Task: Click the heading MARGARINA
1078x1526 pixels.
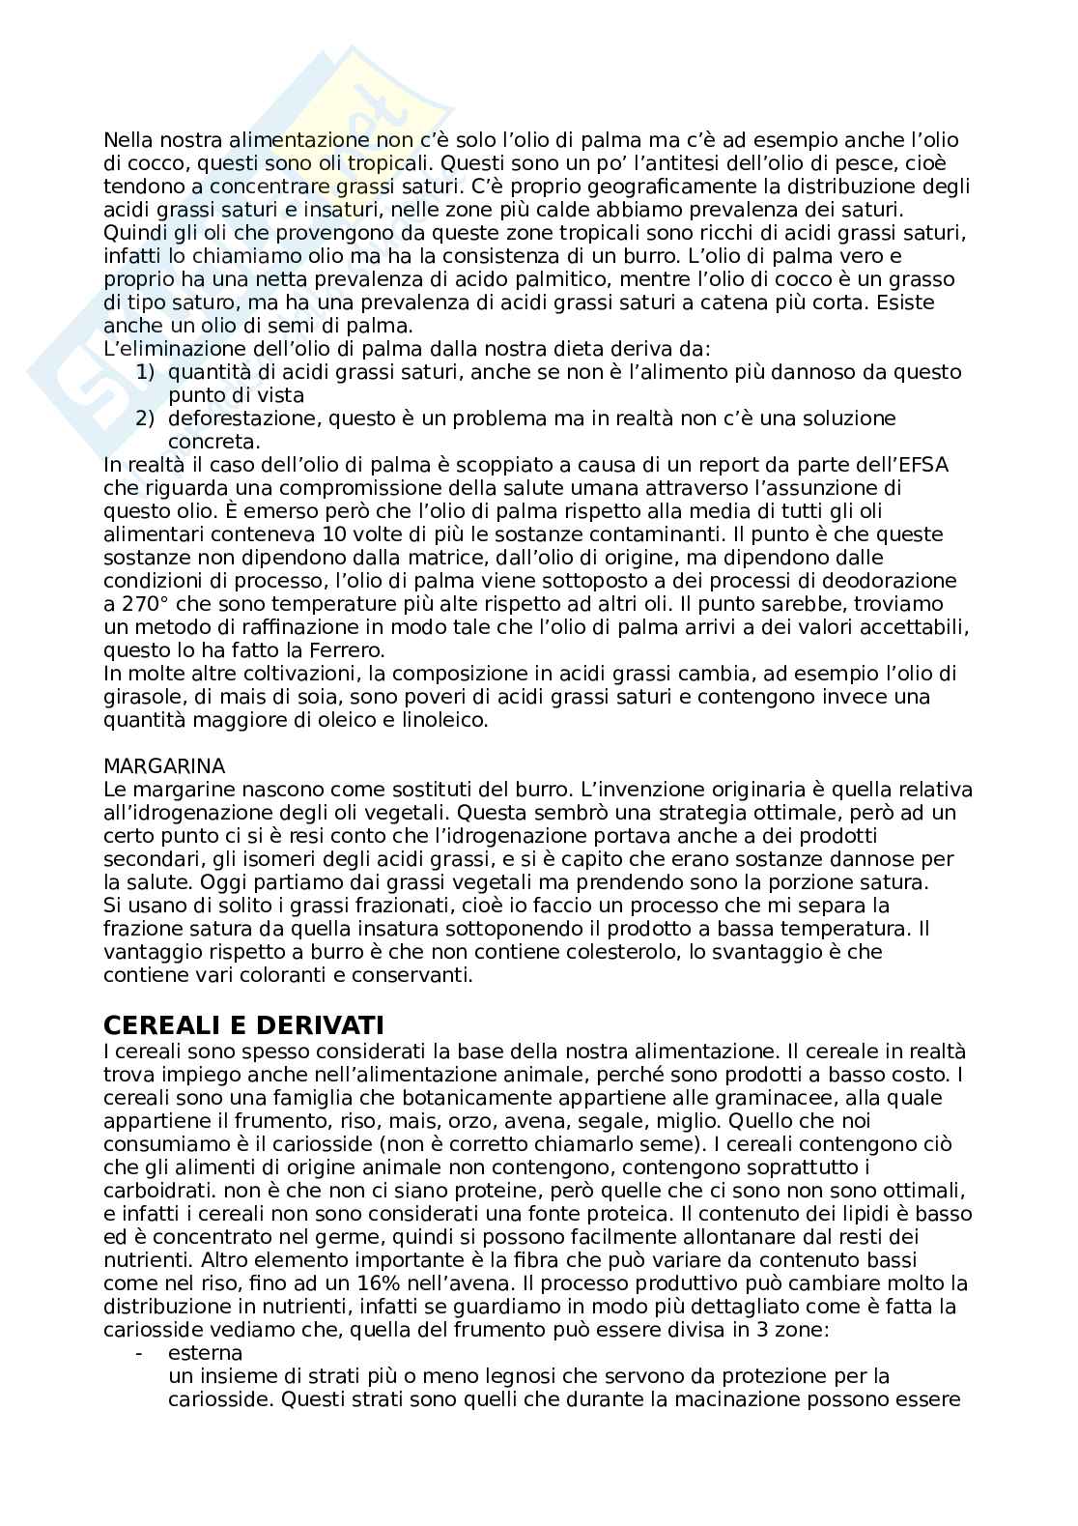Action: tap(163, 766)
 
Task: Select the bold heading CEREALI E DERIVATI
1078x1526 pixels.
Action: tap(243, 1023)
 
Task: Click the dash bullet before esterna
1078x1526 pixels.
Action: tap(142, 1353)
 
